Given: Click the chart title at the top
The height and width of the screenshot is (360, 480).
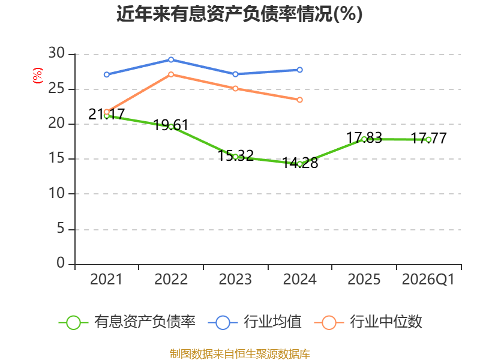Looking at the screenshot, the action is tap(239, 14).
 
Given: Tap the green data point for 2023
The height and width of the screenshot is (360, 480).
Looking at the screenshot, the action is tap(235, 157).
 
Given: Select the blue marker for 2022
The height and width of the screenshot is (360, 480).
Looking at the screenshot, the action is tap(171, 59).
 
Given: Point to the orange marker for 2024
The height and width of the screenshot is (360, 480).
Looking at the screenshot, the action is tap(299, 100).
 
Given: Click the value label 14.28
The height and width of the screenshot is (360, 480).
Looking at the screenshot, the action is tap(300, 163).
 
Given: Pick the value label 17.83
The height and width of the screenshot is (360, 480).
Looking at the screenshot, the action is tap(364, 138).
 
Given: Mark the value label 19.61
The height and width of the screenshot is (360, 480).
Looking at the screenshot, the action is tap(171, 125).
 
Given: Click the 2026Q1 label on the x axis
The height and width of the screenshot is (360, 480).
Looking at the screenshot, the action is tap(428, 279).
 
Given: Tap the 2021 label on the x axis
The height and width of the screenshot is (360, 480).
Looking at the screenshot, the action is tap(106, 279).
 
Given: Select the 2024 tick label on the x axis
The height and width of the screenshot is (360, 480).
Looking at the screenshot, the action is tap(299, 279).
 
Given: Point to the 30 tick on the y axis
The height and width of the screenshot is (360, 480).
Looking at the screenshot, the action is tap(56, 53).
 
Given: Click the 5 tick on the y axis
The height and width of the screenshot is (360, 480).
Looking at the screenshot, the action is tap(61, 229).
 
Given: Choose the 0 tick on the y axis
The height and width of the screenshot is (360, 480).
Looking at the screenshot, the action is tap(61, 263).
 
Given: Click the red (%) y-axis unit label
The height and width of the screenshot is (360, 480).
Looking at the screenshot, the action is tap(38, 76).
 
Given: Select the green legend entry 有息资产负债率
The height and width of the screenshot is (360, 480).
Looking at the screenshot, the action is tap(127, 322).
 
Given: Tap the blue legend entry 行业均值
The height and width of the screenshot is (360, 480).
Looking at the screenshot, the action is tap(254, 322).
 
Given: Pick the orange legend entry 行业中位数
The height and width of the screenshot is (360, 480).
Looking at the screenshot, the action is tap(368, 322).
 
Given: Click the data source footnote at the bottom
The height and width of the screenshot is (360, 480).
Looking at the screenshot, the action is tap(240, 354).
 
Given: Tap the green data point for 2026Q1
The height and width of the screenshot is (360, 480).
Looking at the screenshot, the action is tap(428, 140).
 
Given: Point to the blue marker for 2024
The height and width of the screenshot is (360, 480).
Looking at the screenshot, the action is tap(299, 70).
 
